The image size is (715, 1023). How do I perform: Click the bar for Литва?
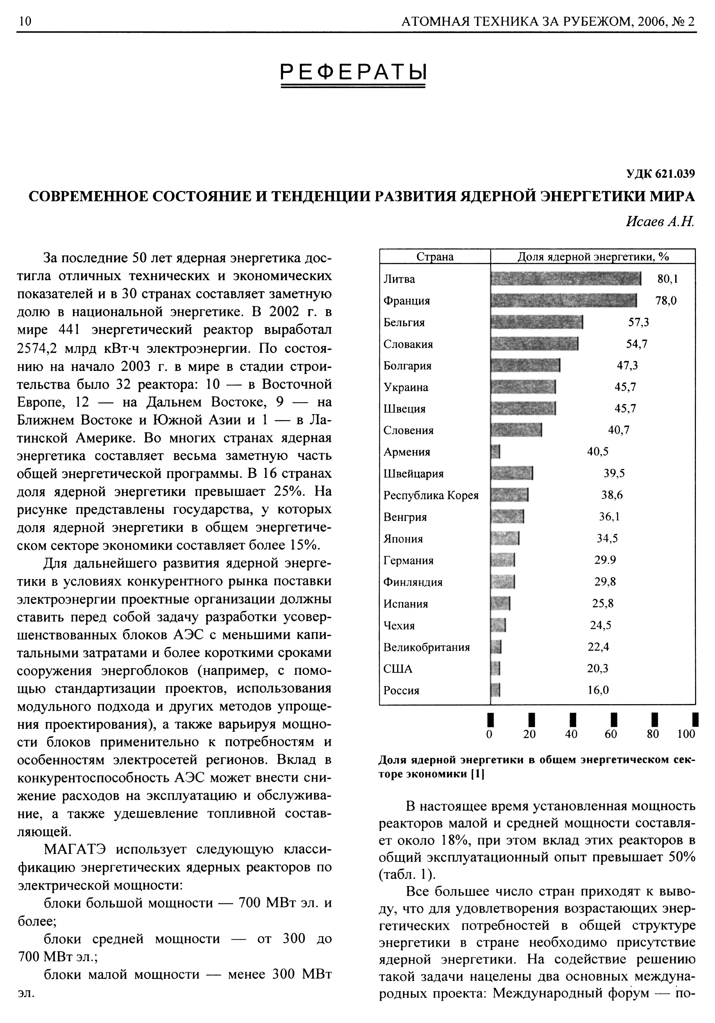tap(565, 279)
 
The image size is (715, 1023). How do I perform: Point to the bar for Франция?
tap(563, 301)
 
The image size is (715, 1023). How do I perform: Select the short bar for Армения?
tap(495, 452)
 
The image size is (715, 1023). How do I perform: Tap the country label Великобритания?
tap(427, 647)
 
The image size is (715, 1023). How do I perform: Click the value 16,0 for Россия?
tap(598, 690)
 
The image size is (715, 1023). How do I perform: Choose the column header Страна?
tap(435, 257)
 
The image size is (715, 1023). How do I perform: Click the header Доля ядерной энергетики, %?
tap(593, 257)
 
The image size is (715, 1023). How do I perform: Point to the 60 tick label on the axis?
tap(611, 734)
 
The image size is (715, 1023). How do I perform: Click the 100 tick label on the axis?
tap(686, 734)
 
